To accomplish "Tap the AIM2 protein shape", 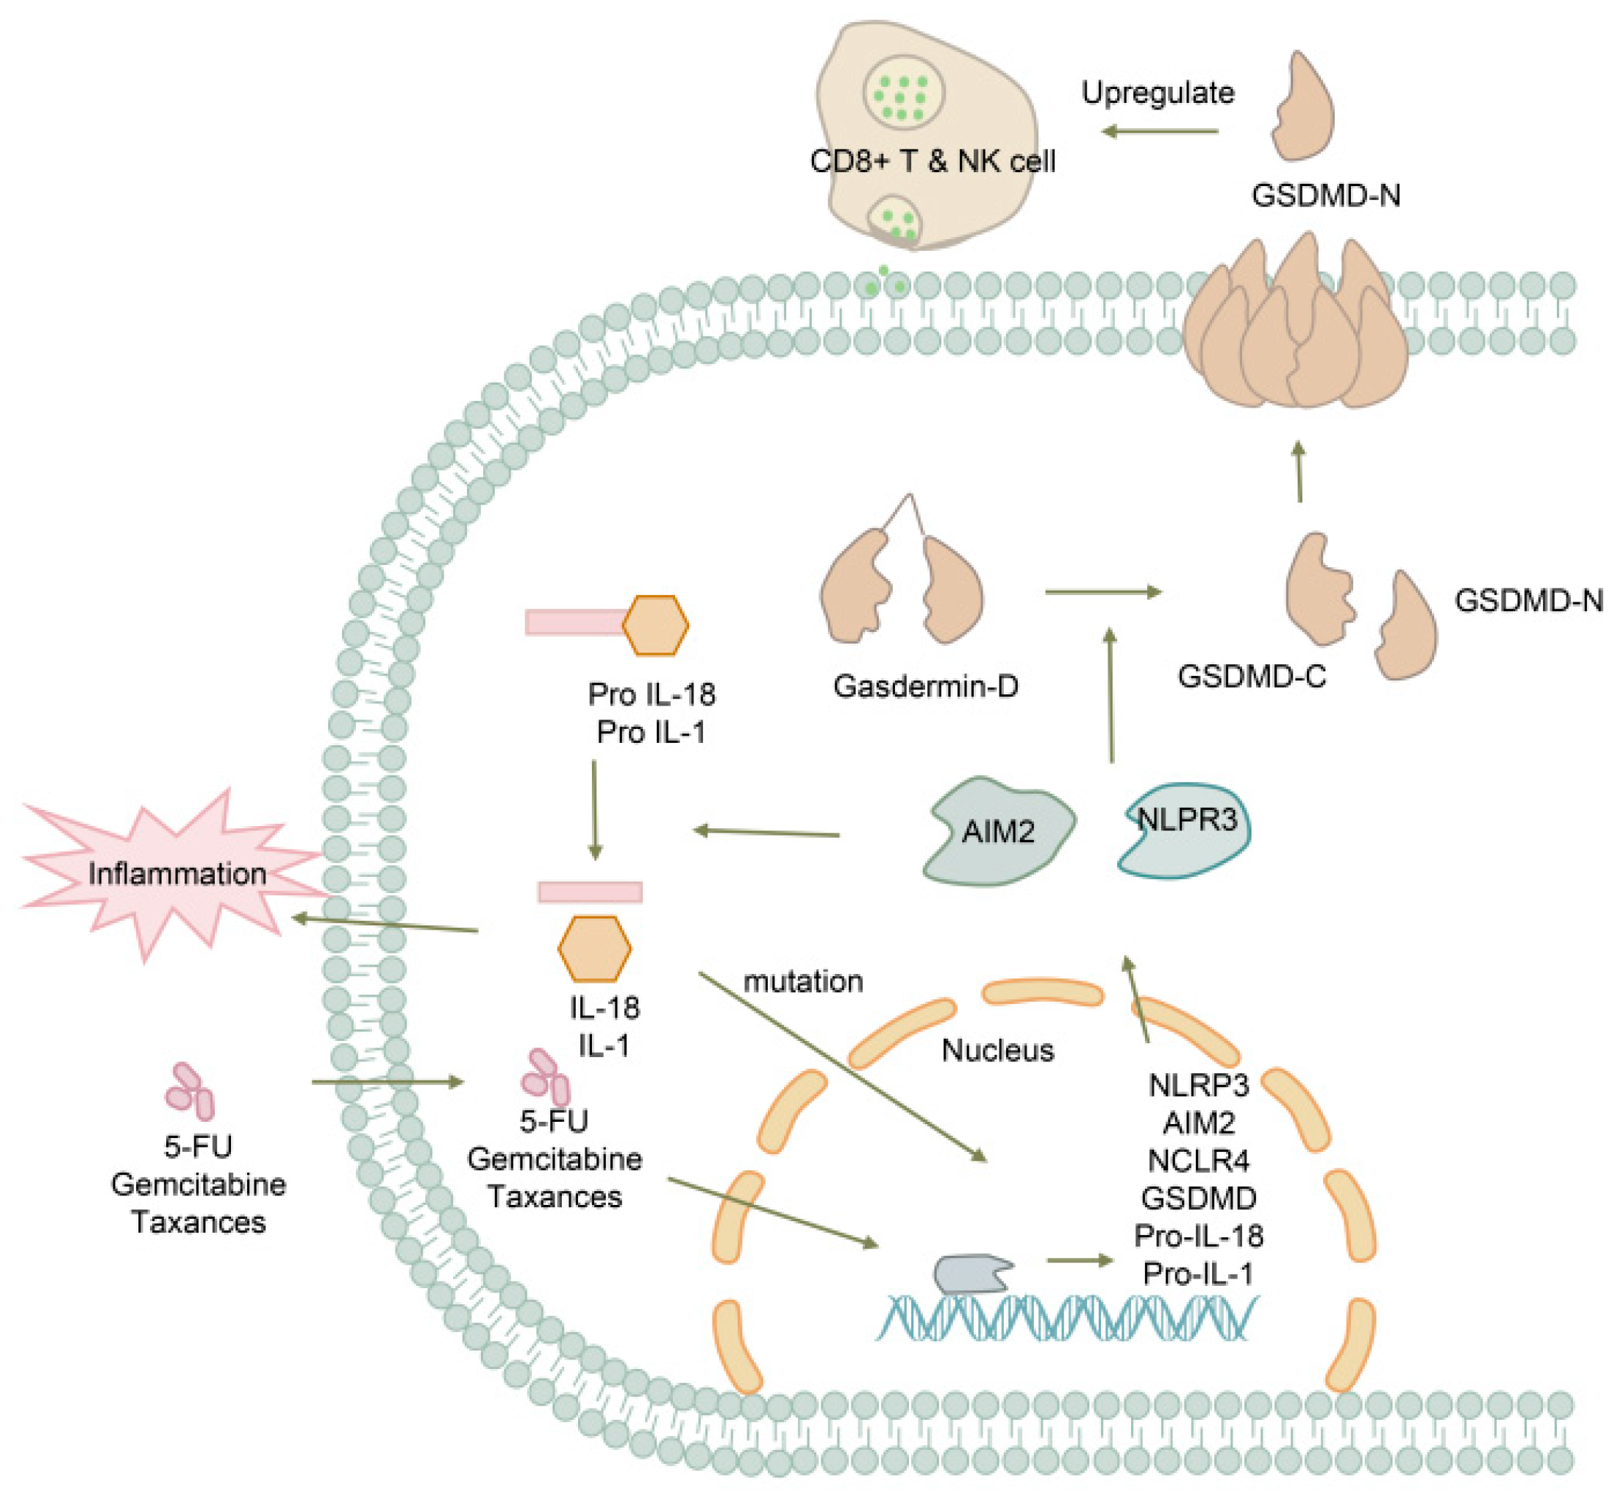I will [x=998, y=831].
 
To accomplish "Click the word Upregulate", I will [x=1158, y=93].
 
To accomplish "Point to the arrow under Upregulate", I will [x=1160, y=131].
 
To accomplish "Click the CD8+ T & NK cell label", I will [x=933, y=161].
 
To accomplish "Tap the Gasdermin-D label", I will [x=925, y=686].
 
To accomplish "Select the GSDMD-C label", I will [x=1252, y=675].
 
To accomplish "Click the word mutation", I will [x=802, y=981].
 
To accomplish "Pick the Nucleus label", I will [x=997, y=1050].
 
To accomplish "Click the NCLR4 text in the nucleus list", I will [x=1198, y=1161].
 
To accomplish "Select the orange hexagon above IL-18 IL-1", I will [x=593, y=948].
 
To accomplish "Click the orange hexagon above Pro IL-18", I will [x=655, y=625].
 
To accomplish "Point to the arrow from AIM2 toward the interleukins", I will [x=766, y=832].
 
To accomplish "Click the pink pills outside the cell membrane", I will [x=190, y=1089].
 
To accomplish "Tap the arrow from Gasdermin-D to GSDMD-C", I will [x=1102, y=592].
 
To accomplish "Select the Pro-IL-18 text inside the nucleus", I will [x=1198, y=1236].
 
